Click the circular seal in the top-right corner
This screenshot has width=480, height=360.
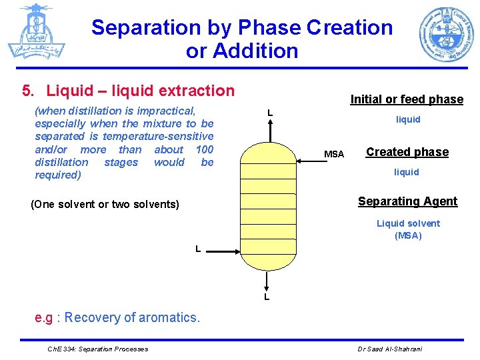pyautogui.click(x=446, y=34)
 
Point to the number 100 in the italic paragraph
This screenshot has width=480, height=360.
pyautogui.click(x=204, y=149)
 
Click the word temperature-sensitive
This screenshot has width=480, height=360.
pyautogui.click(x=158, y=137)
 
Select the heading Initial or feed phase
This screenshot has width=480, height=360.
pyautogui.click(x=407, y=99)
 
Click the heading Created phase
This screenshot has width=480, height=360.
pyautogui.click(x=407, y=152)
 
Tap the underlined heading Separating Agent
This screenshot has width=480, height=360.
pyautogui.click(x=407, y=201)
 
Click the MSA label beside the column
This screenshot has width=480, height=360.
pyautogui.click(x=334, y=155)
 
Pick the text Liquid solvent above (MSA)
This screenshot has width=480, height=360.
pyautogui.click(x=408, y=223)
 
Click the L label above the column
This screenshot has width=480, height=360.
pyautogui.click(x=270, y=113)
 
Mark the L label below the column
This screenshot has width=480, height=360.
pyautogui.click(x=267, y=296)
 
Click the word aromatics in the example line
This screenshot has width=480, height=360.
pyautogui.click(x=169, y=317)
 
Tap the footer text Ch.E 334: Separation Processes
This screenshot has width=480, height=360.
pyautogui.click(x=99, y=349)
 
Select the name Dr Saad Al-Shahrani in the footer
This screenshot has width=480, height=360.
pyautogui.click(x=391, y=349)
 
